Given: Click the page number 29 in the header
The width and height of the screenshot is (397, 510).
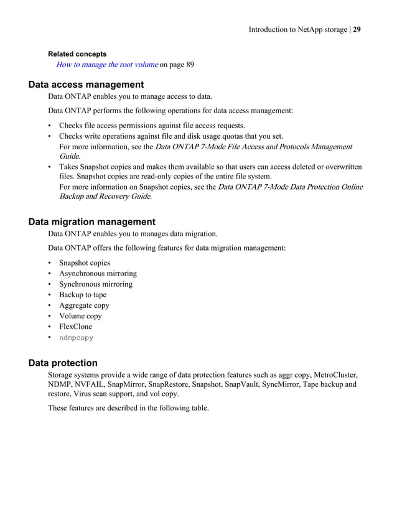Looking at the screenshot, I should point(357,29).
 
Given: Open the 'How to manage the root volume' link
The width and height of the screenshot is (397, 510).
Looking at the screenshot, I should point(106,65).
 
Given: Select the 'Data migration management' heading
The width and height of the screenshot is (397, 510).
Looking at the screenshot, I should point(92,221).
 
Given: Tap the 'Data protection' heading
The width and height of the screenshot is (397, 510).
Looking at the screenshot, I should point(63,363).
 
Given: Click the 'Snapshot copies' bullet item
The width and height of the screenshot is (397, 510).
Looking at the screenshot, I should point(85,262).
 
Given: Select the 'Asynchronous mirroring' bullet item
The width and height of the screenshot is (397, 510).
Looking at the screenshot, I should point(98,273).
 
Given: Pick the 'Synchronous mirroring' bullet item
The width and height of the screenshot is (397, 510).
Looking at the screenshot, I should point(95,284).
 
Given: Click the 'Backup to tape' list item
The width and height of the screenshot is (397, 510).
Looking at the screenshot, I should point(83,295).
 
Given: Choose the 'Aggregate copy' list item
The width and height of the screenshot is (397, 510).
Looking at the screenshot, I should point(84,305).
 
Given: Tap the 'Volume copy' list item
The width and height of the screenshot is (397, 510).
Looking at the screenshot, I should point(80,316).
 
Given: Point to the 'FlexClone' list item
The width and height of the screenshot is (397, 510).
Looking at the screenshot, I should point(75,327).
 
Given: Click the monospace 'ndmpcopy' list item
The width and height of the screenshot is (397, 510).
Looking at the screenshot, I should point(76,338).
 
